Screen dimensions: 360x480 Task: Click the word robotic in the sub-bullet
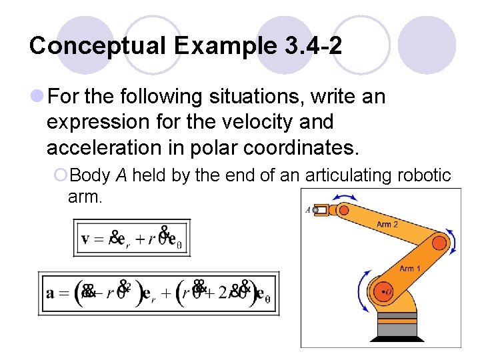tap(424, 175)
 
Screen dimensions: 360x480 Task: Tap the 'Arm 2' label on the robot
tap(387, 225)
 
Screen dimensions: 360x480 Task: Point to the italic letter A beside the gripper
tap(307, 209)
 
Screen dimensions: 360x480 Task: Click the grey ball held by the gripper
tap(315, 209)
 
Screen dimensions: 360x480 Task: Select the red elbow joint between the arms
tap(439, 241)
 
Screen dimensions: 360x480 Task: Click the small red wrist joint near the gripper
tap(344, 210)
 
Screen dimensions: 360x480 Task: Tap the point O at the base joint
tap(386, 291)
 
